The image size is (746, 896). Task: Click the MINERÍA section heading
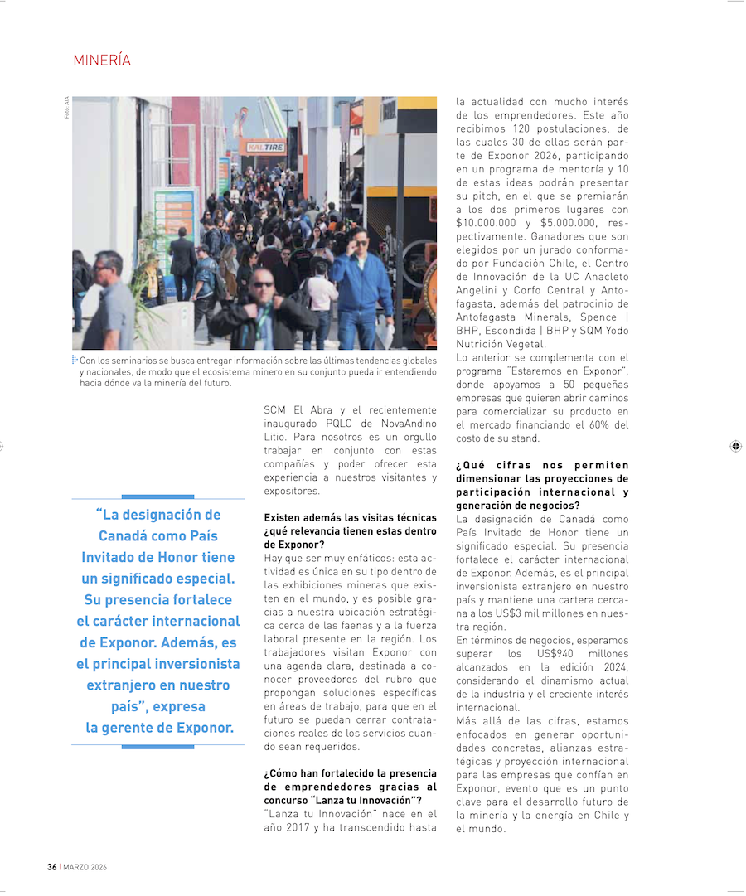(x=102, y=61)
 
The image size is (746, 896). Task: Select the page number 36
(x=51, y=867)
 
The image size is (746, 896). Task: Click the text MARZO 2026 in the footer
(x=85, y=867)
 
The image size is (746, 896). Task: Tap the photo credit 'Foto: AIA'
(x=67, y=107)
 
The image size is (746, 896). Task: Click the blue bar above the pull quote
(x=157, y=496)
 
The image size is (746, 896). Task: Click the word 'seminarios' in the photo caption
(x=139, y=361)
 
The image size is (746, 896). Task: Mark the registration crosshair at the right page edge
(x=735, y=446)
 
